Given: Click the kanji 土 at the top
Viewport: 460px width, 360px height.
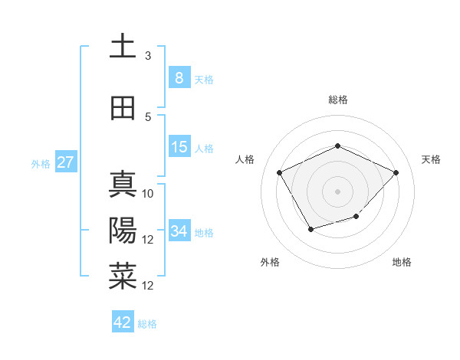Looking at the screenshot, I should coord(123,46).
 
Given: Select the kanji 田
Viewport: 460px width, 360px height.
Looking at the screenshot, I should coord(123,108).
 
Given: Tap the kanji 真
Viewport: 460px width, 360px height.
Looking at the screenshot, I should coord(123,185).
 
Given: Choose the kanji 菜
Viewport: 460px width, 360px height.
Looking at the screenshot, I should coord(123,277).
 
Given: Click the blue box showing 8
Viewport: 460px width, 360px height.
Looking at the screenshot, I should coord(179,77).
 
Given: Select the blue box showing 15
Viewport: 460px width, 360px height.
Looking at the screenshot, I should coord(179,147).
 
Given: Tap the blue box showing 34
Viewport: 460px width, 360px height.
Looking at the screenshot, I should coord(179,231).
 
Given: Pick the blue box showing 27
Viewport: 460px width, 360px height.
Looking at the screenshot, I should coord(65,162).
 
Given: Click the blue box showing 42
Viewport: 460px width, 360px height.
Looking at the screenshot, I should coord(123,322).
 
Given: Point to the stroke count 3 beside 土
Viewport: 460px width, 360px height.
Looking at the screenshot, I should coord(148,56).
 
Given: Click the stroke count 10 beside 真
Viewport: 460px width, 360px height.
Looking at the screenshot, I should coord(149,194).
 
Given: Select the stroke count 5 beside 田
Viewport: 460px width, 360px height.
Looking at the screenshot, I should coord(148,117).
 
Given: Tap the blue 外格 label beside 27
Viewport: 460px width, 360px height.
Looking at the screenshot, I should coord(41,163).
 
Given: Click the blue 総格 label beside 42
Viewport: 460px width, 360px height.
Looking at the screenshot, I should coord(147,324).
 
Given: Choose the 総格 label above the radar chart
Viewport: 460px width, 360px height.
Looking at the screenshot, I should coord(337,100).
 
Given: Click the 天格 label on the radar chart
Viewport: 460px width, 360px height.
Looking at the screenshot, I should coord(431,159).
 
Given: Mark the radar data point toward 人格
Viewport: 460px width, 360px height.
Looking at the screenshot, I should coord(279,172).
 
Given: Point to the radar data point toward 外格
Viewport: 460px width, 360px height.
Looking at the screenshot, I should coord(310,229).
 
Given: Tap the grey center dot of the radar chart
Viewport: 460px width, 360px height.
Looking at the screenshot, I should coord(337,191).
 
